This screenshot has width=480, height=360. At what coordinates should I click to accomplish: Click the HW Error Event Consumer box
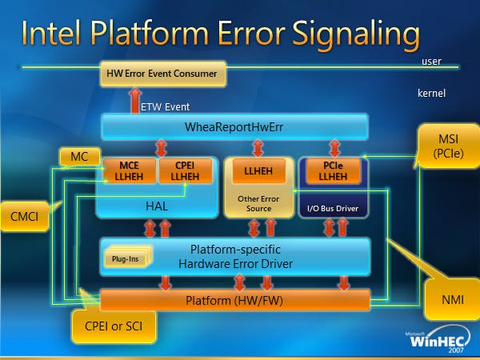[x=163, y=74]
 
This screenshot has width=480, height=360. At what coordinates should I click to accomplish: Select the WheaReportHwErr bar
[x=234, y=127]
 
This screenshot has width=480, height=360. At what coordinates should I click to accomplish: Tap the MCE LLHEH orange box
[x=129, y=171]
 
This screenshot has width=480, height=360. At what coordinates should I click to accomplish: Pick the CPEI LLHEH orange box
[x=186, y=171]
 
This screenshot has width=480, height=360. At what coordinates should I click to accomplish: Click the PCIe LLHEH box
[x=333, y=171]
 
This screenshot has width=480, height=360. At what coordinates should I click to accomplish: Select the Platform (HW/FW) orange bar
[x=235, y=300]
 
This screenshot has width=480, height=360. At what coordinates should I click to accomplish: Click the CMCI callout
[x=25, y=216]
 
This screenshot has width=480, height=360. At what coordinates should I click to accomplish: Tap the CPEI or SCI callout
[x=114, y=326]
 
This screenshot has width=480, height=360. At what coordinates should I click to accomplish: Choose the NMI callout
[x=453, y=299]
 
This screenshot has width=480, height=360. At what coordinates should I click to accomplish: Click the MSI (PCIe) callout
[x=449, y=146]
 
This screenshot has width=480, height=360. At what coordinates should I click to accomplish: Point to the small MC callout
[x=79, y=157]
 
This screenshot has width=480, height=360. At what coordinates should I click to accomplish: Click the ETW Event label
[x=166, y=107]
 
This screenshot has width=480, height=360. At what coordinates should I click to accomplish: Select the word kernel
[x=431, y=93]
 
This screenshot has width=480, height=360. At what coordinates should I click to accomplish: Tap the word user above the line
[x=431, y=62]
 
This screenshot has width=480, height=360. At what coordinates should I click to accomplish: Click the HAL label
[x=157, y=206]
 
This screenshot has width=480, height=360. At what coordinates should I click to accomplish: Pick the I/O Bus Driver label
[x=333, y=209]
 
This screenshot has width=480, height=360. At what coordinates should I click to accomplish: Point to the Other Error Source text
[x=258, y=203]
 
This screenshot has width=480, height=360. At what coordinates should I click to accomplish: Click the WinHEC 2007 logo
[x=438, y=339]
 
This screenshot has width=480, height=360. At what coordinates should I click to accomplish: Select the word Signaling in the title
[x=356, y=34]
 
